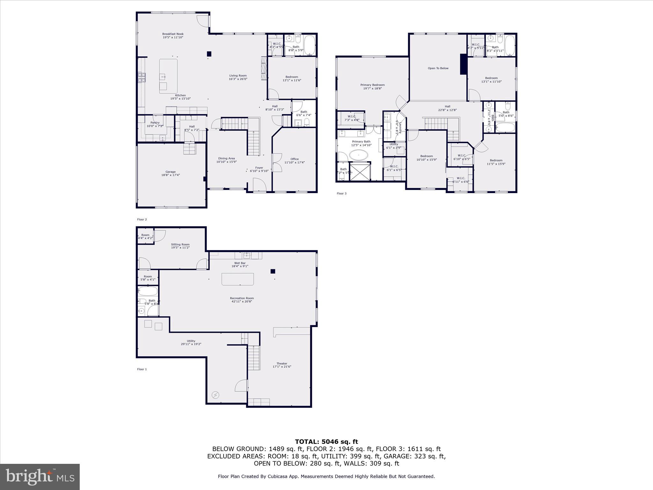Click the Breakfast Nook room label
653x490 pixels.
coord(173,34)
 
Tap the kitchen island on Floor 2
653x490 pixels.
coord(168,76)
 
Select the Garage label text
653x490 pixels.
coord(170,172)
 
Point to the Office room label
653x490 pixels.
coord(294,159)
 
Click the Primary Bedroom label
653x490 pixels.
coord(372,85)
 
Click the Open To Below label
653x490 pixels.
coord(438,68)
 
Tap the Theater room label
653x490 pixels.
coord(282,363)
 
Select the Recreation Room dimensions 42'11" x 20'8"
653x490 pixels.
coord(242,301)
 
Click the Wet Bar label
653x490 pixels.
coord(240,263)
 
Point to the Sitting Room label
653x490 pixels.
coord(180,244)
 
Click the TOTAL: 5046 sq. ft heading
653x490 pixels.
coord(326,442)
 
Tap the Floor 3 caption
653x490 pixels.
coord(341,193)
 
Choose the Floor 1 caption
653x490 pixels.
coord(142,369)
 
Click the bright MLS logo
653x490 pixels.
coord(40,476)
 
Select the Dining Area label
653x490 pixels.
coord(226,158)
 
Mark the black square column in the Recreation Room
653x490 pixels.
coord(273,271)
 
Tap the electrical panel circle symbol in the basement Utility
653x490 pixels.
coord(215,395)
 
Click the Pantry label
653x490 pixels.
coord(155,122)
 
